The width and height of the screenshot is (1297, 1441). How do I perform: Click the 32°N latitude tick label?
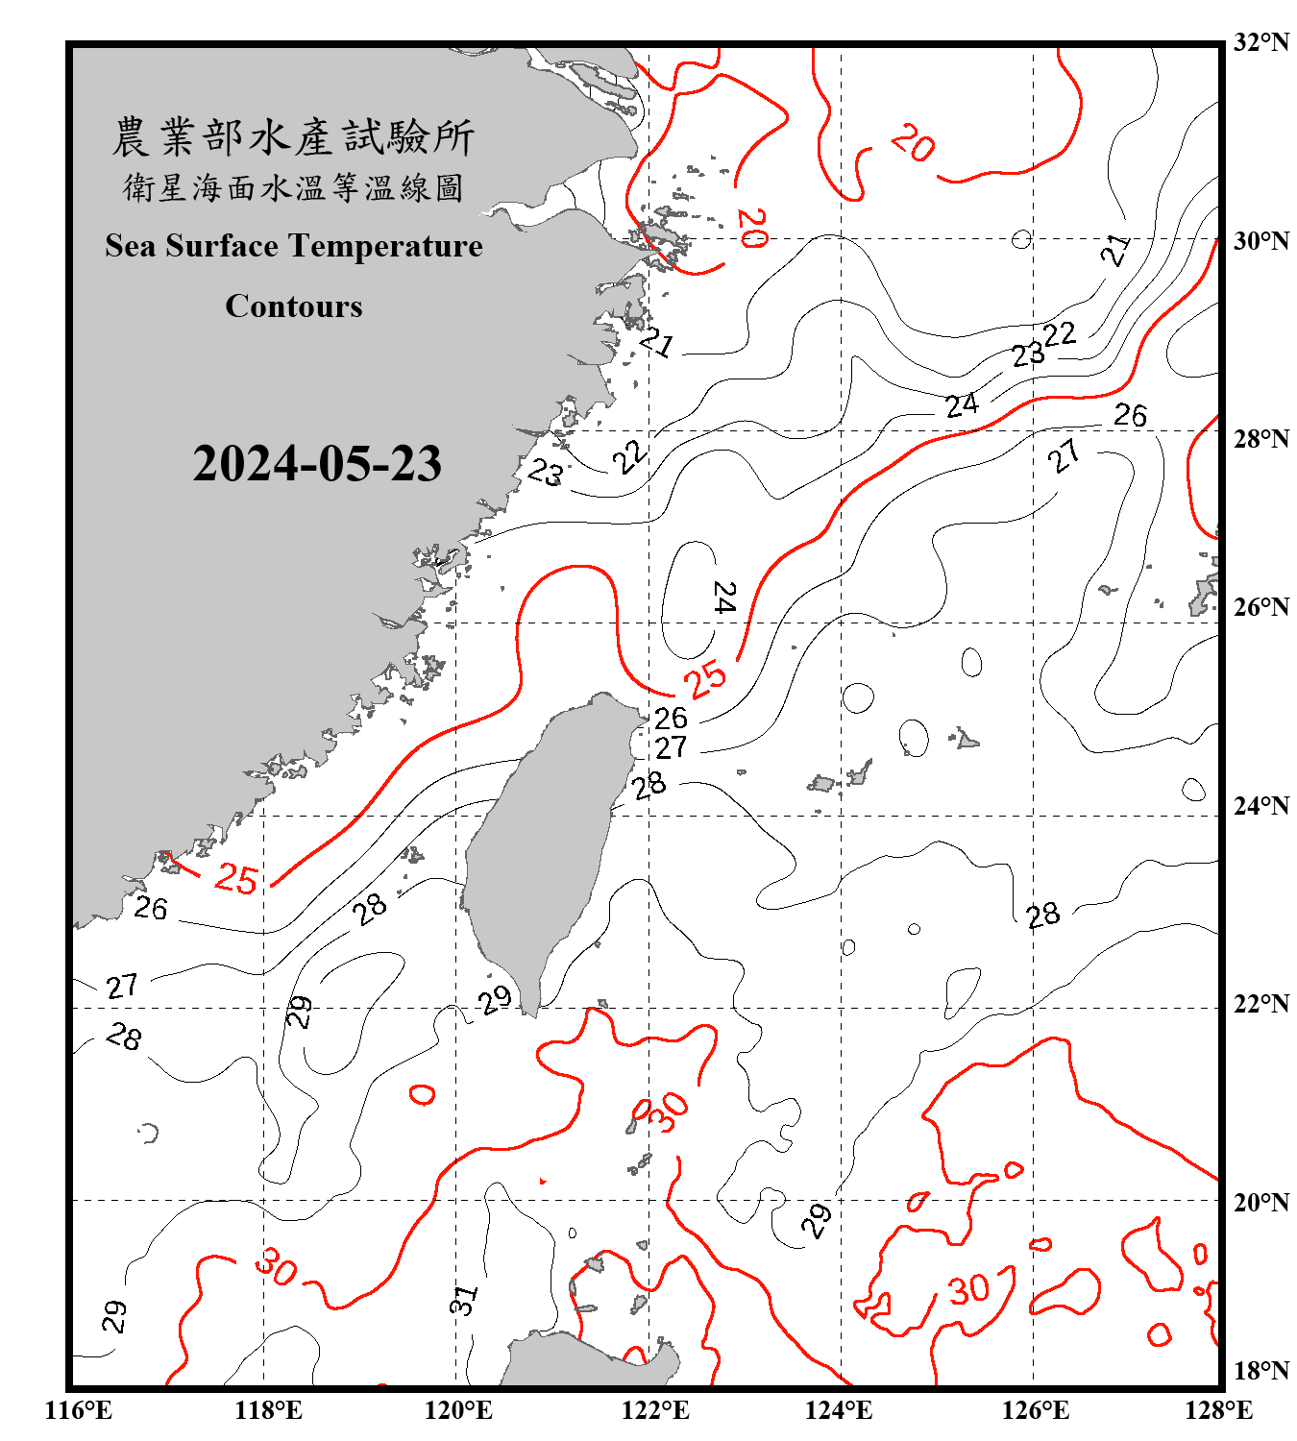click(1260, 42)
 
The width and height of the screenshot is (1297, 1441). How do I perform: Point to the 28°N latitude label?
click(1260, 439)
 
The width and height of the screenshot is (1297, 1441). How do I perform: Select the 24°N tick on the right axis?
click(1260, 806)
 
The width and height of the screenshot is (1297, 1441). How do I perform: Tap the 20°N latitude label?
click(1260, 1202)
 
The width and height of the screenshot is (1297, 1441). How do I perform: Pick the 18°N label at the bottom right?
click(1260, 1371)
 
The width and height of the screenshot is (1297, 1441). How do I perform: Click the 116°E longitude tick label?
click(79, 1410)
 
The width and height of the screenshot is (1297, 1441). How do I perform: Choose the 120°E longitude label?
click(458, 1410)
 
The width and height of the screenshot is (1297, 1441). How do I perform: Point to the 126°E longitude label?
click(1035, 1410)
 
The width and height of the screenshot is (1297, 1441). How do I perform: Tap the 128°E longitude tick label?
click(1218, 1410)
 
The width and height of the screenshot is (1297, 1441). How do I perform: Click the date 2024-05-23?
click(317, 464)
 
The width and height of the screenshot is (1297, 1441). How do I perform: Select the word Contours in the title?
click(294, 306)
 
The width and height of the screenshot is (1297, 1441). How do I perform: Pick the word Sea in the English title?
click(132, 246)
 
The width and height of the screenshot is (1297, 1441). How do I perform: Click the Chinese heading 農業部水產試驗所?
click(293, 137)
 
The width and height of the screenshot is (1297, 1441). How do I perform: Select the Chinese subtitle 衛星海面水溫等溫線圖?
click(293, 187)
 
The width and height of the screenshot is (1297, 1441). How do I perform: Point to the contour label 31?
click(463, 1301)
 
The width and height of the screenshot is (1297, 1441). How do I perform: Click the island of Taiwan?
click(543, 845)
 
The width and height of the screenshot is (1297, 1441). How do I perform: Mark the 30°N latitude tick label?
click(1260, 240)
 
